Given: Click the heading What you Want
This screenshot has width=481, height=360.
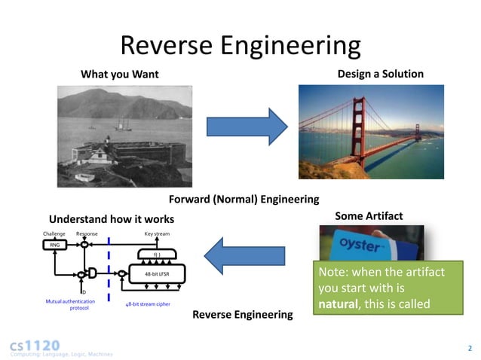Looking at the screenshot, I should (120, 75).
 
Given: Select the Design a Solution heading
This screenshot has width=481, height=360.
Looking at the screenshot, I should (381, 74).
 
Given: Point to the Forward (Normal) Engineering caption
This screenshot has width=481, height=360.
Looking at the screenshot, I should (244, 200).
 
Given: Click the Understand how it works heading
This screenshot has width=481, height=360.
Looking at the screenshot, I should (112, 218).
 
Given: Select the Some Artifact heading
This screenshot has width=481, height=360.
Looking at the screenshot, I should (369, 216).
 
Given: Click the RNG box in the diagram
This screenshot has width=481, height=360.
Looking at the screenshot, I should (55, 246).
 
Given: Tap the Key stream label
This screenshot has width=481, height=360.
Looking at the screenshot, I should (157, 234).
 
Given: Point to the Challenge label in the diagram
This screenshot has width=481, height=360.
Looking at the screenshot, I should (54, 234).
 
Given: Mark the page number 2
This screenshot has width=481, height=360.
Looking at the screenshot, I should (469, 348).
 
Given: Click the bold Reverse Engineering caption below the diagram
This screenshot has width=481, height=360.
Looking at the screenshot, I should (242, 314).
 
